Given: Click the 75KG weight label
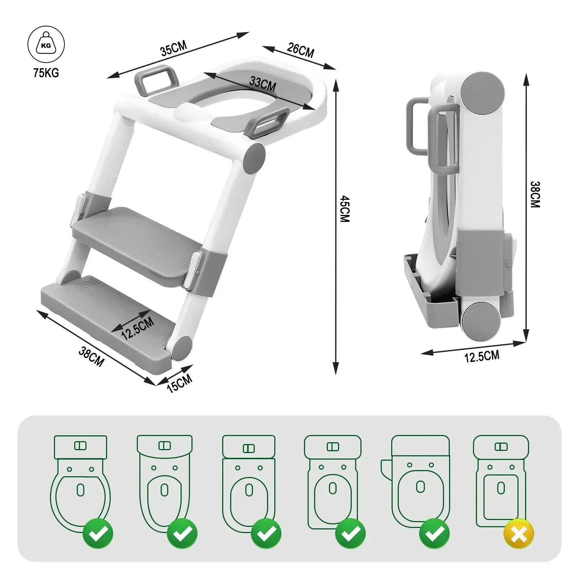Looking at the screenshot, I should (46, 73).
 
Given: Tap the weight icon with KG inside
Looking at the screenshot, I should (46, 46).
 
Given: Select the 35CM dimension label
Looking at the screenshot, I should (174, 48).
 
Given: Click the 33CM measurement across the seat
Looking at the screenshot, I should (263, 85).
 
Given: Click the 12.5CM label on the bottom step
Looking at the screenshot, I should (138, 328).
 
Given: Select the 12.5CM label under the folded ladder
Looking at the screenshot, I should (482, 356).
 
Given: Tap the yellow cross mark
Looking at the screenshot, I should (519, 534).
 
